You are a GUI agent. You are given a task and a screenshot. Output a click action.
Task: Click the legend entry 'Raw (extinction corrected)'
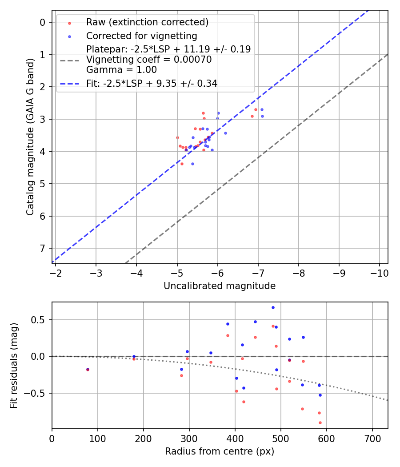[147, 22]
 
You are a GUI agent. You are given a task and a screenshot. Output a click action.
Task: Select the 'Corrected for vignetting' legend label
[141, 36]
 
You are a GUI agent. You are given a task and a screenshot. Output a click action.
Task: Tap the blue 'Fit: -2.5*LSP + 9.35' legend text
[152, 84]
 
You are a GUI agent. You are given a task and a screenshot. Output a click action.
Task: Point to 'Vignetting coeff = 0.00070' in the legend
[149, 60]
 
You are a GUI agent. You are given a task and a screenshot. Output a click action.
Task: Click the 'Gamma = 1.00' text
[121, 69]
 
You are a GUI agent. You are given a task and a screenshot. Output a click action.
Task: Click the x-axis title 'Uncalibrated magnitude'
[220, 286]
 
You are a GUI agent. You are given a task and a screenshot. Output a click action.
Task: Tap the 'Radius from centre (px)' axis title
[220, 451]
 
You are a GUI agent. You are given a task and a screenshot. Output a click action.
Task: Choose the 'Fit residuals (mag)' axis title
[14, 365]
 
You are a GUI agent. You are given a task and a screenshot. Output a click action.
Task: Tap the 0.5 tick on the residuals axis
[40, 320]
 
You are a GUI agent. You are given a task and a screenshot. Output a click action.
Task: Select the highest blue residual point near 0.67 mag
[273, 307]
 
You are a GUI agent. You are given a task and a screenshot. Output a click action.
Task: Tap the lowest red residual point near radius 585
[320, 423]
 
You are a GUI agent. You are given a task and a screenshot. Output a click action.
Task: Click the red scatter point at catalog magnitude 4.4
[182, 164]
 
